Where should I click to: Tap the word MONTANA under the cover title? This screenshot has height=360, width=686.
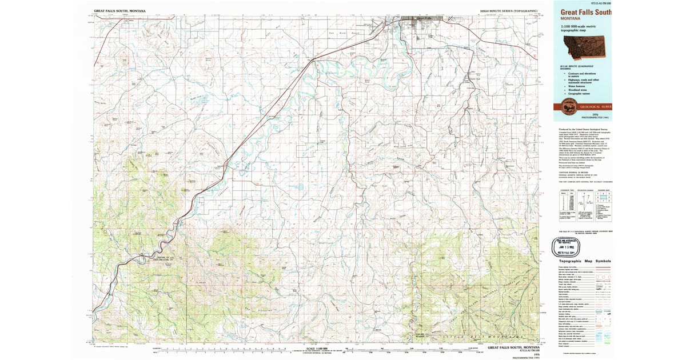point(572,18)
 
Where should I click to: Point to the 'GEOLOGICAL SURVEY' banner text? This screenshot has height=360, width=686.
point(595,107)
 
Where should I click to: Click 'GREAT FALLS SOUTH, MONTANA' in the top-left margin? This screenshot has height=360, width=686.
point(119,11)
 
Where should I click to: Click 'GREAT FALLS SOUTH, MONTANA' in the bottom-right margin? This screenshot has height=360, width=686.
point(512,347)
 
